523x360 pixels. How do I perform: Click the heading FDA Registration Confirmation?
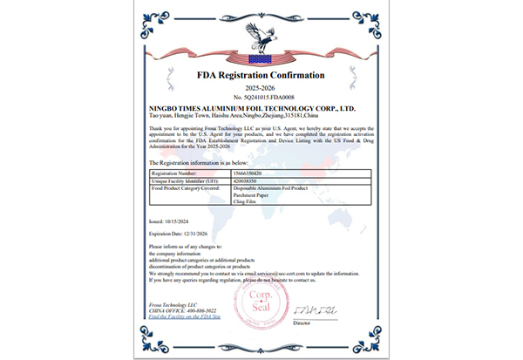(261, 75)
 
